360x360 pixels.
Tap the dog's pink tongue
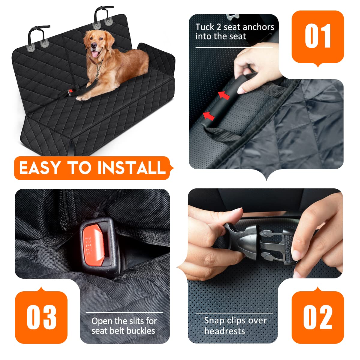pyautogui.click(x=95, y=54)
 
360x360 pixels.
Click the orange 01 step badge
pyautogui.click(x=318, y=37)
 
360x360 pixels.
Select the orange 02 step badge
pyautogui.click(x=318, y=317)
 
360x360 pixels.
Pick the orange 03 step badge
pyautogui.click(x=41, y=317)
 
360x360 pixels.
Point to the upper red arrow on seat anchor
pyautogui.click(x=223, y=95)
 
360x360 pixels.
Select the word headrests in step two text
pyautogui.click(x=224, y=331)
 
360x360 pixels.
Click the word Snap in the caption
pyautogui.click(x=214, y=320)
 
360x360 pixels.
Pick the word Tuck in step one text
pyautogui.click(x=205, y=27)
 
